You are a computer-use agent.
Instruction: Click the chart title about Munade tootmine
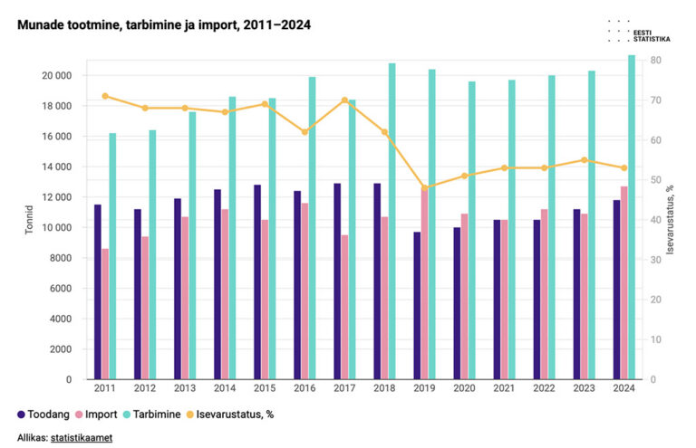(163, 25)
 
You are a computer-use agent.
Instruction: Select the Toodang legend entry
(45, 415)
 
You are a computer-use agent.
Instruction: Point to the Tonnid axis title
(30, 219)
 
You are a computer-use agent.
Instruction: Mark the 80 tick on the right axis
(654, 61)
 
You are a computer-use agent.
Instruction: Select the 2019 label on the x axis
(424, 388)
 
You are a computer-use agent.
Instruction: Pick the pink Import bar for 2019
(424, 282)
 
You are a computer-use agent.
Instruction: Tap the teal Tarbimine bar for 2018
(391, 221)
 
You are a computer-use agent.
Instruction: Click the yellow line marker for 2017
(344, 100)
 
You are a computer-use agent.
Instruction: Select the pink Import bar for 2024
(623, 282)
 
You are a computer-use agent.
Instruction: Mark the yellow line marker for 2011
(105, 96)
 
